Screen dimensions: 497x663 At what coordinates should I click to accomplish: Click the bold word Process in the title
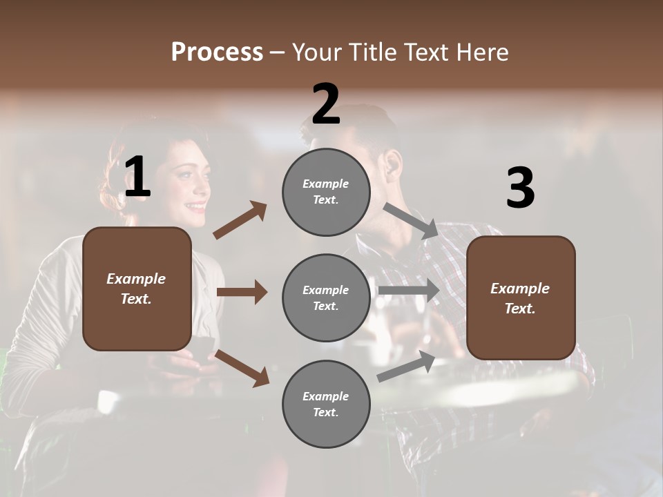217,52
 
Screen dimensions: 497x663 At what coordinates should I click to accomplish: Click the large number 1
137,177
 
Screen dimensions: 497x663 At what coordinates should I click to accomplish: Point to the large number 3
520,188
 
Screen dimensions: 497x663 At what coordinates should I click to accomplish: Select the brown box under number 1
137,289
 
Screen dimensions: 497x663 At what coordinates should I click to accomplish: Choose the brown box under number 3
521,298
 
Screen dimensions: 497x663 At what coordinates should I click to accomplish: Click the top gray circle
326,192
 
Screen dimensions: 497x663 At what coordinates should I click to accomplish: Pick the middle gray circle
326,298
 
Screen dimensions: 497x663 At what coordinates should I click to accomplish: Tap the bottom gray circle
326,404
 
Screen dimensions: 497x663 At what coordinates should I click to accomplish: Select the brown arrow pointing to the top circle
240,220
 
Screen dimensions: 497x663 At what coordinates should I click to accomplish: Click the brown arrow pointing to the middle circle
242,292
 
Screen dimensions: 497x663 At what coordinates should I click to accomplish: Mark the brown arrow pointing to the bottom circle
242,367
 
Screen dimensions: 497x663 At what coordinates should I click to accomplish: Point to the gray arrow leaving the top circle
411,220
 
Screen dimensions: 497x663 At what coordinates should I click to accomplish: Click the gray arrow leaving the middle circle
409,290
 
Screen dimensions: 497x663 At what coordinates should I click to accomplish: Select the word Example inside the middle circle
325,290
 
